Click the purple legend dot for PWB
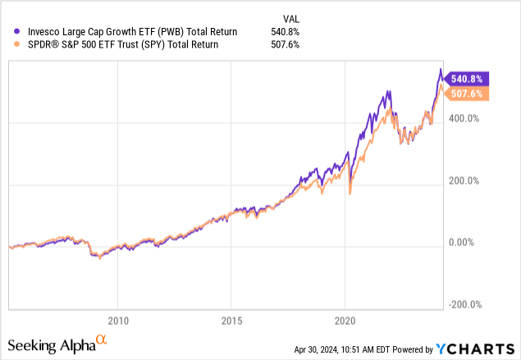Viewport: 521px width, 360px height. point(16,31)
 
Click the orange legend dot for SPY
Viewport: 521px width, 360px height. point(16,44)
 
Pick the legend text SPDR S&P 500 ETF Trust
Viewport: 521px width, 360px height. point(83,44)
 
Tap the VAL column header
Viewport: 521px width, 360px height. point(291,19)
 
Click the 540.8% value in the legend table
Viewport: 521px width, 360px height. point(285,32)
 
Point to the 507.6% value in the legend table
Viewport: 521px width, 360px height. point(285,44)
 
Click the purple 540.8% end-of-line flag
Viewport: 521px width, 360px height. point(466,79)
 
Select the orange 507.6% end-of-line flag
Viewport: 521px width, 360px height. point(466,93)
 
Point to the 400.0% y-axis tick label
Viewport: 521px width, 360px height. point(464,119)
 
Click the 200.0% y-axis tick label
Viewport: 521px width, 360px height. point(464,181)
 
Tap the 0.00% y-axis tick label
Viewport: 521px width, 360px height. point(462,243)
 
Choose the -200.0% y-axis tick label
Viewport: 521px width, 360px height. point(465,304)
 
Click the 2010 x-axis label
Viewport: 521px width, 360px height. point(118,321)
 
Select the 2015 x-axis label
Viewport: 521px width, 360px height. point(231,321)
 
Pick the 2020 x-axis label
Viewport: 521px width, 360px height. point(345,321)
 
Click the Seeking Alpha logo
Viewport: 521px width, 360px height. point(57,344)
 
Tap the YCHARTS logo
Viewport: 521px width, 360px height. point(475,349)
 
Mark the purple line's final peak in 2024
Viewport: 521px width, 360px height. point(441,69)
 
